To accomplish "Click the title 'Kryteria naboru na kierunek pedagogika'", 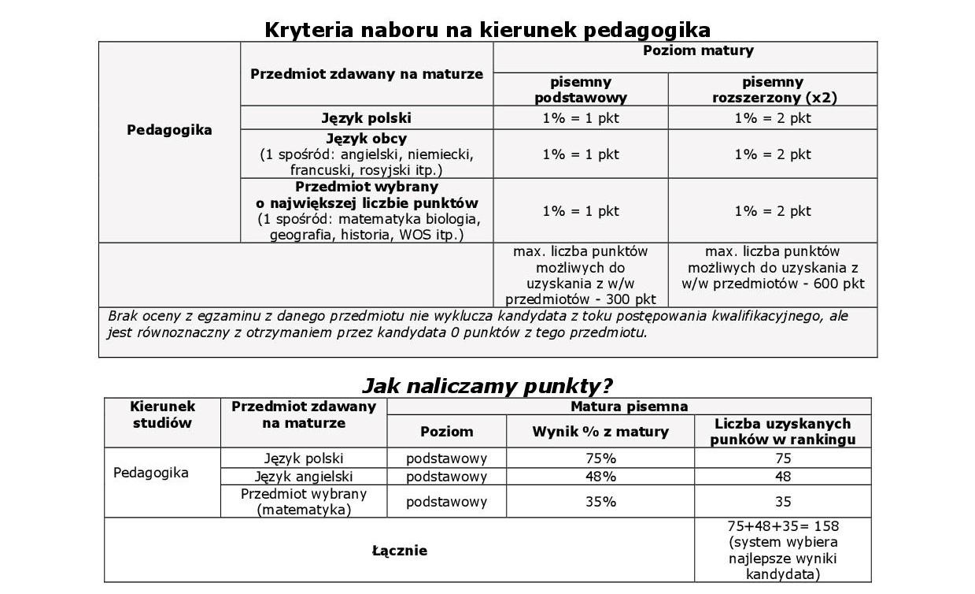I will click(x=487, y=30).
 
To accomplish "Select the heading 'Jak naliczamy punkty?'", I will click(x=487, y=386).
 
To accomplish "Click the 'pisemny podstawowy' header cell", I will click(x=581, y=90).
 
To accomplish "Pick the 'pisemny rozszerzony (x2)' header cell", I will click(x=773, y=90).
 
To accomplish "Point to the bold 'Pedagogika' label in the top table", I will click(x=169, y=130).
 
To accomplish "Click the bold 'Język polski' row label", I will click(x=366, y=118).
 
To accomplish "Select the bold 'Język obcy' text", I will click(x=366, y=139).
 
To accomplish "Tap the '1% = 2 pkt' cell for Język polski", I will click(x=773, y=118).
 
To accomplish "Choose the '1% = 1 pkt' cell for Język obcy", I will click(x=581, y=154).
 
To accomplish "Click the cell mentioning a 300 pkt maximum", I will click(x=581, y=275).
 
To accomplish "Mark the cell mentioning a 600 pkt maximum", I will click(x=773, y=267).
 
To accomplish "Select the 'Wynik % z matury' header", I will click(x=600, y=431).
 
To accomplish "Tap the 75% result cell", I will click(x=600, y=458).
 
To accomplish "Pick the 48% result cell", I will click(x=600, y=477).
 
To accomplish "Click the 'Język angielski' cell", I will click(x=304, y=477).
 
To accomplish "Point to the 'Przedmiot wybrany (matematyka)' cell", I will click(x=304, y=502).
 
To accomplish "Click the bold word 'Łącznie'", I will click(x=399, y=551).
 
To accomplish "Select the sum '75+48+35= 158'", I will click(x=783, y=525).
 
